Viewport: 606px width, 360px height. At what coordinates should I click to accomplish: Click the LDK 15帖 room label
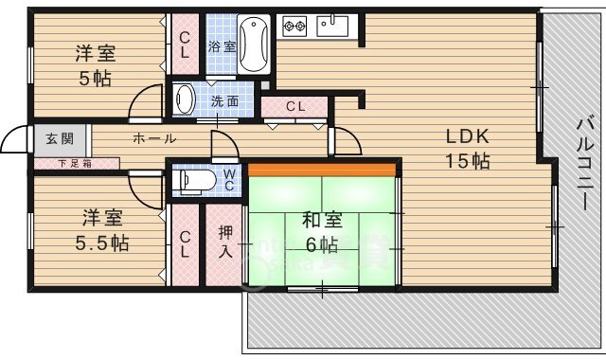point(468,148)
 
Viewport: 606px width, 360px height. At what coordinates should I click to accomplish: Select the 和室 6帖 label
point(321,233)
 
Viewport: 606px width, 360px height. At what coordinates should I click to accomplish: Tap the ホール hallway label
point(153,138)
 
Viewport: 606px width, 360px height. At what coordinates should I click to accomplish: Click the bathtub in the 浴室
point(255,45)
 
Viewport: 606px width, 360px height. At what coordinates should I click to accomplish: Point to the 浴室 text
point(222,45)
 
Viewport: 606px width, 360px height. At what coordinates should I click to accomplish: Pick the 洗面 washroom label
point(224,100)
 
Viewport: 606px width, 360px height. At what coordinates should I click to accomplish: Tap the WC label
point(229,177)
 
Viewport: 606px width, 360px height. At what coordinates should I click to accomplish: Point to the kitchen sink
point(333,25)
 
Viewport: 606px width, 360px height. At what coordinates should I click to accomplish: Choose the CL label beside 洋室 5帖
point(185,45)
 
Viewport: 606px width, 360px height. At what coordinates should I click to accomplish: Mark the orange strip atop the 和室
point(321,170)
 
